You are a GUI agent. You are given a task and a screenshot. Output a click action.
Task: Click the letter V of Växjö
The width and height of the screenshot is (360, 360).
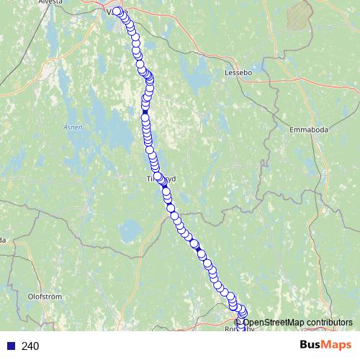point(110,12)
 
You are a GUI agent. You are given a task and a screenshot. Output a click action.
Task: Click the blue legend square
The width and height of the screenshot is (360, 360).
point(11,346)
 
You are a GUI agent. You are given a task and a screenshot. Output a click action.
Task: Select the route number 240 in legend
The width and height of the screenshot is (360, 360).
point(30,346)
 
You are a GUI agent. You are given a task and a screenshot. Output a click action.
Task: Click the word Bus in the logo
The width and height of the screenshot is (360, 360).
point(312,345)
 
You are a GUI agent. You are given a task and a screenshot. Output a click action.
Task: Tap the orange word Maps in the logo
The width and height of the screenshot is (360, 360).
point(337,345)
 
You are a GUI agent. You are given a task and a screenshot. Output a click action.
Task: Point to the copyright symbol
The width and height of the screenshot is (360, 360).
point(238,322)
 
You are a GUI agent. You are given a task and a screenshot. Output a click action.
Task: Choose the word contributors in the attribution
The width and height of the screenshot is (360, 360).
point(329,322)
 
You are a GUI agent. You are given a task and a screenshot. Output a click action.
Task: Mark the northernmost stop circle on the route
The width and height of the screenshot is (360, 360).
point(117,11)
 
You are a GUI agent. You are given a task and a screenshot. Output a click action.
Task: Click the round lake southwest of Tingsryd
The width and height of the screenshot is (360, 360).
point(131,231)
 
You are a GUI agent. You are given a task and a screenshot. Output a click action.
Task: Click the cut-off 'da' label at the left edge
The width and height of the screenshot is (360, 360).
point(3,240)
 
